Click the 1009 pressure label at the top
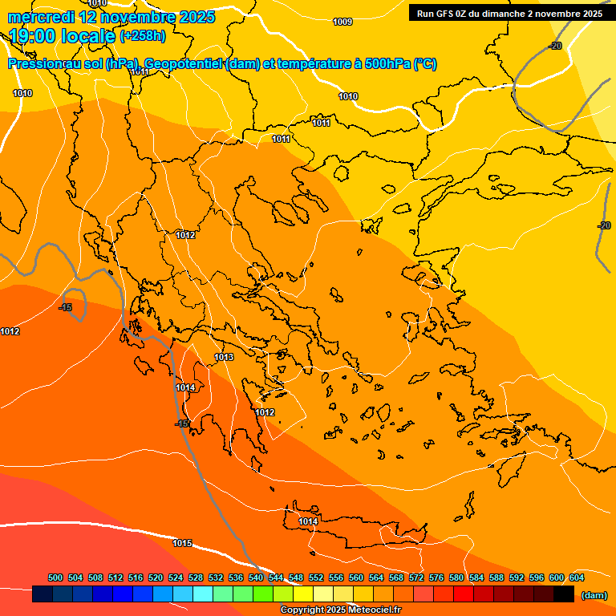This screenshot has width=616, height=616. [x=342, y=22]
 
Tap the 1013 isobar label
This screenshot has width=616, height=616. [x=224, y=357]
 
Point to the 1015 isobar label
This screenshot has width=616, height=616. [x=182, y=543]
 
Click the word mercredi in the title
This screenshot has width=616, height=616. [x=39, y=17]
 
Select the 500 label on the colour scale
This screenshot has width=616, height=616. [x=55, y=577]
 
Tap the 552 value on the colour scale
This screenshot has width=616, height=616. [x=316, y=577]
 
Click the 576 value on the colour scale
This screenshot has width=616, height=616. [x=436, y=577]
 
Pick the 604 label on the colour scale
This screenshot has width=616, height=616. [x=577, y=577]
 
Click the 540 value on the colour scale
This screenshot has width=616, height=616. [x=256, y=577]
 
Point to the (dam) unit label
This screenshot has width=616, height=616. [x=594, y=594]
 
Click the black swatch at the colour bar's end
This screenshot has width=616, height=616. [x=564, y=594]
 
